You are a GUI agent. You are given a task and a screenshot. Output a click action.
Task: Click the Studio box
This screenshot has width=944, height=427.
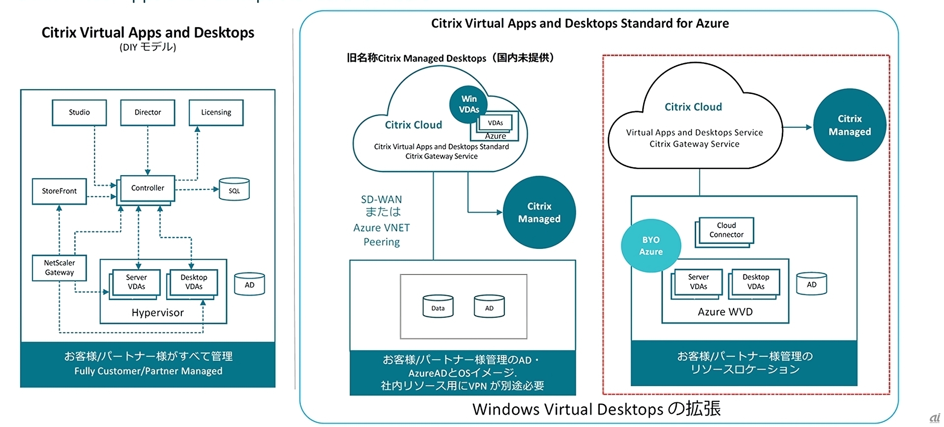pyautogui.click(x=79, y=113)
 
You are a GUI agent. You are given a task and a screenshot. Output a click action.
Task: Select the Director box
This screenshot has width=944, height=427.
pyautogui.click(x=147, y=113)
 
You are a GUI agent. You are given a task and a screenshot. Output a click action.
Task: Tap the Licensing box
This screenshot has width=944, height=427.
pyautogui.click(x=216, y=113)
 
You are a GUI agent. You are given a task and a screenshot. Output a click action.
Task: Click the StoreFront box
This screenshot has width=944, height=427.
pyautogui.click(x=59, y=191)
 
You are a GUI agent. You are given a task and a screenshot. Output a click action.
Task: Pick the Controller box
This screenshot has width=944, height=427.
pyautogui.click(x=147, y=188)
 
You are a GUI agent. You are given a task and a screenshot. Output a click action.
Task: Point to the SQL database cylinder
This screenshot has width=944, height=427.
pyautogui.click(x=234, y=190)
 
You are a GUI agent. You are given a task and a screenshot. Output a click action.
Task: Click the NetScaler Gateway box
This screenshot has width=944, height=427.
pyautogui.click(x=59, y=268)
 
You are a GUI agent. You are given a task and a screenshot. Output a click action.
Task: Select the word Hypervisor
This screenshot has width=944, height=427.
pyautogui.click(x=157, y=313)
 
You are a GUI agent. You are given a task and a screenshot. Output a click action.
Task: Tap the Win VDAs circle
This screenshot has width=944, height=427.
pyautogui.click(x=469, y=104)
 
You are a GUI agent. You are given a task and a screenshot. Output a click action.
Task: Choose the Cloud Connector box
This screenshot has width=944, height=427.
pyautogui.click(x=726, y=230)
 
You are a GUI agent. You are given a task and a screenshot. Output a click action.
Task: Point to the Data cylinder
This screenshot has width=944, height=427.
pyautogui.click(x=438, y=307)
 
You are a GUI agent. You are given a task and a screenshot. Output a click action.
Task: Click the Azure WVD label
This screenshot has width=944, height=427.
pyautogui.click(x=725, y=312)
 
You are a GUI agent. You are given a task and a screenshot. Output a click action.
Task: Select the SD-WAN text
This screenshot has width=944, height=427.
pyautogui.click(x=382, y=200)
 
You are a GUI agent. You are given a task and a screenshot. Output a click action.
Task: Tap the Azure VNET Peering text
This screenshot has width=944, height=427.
pyautogui.click(x=382, y=235)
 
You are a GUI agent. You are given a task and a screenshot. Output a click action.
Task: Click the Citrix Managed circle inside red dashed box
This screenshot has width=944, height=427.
pyautogui.click(x=850, y=125)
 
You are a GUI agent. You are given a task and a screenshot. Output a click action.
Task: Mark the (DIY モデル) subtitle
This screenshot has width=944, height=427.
pyautogui.click(x=147, y=47)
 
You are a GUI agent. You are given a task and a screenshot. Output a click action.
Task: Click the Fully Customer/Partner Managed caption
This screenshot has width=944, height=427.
pyautogui.click(x=148, y=371)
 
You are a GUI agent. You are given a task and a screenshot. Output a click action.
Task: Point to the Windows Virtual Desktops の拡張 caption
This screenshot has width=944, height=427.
pyautogui.click(x=596, y=409)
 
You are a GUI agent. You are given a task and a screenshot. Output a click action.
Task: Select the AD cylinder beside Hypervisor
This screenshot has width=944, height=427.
pyautogui.click(x=249, y=284)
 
